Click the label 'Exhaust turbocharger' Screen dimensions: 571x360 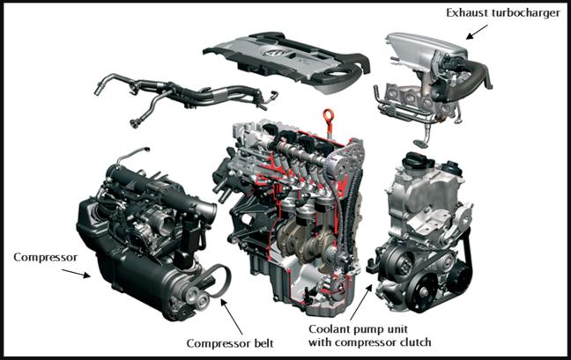click(503, 12)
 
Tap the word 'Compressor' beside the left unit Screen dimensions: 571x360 click(46, 257)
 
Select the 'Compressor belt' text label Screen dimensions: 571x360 click(230, 343)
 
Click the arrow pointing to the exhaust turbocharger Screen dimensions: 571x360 click(477, 32)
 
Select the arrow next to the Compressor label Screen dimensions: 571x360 click(76, 273)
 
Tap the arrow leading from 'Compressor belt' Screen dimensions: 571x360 click(232, 317)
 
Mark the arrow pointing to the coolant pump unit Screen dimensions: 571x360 click(361, 303)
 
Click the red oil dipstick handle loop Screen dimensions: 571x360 click(328, 115)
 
